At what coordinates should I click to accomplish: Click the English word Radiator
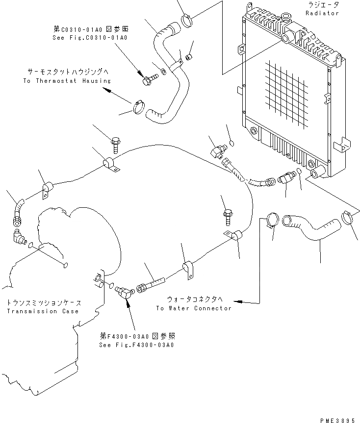[x=322, y=13]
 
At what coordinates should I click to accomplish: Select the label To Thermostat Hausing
[x=67, y=80]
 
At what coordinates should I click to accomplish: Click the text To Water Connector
[x=193, y=308]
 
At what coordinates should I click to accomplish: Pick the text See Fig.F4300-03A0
[x=137, y=345]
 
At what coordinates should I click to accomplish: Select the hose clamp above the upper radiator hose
[x=188, y=21]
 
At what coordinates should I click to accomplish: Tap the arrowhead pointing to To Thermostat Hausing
[x=108, y=90]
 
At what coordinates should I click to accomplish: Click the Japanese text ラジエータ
[x=322, y=4]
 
